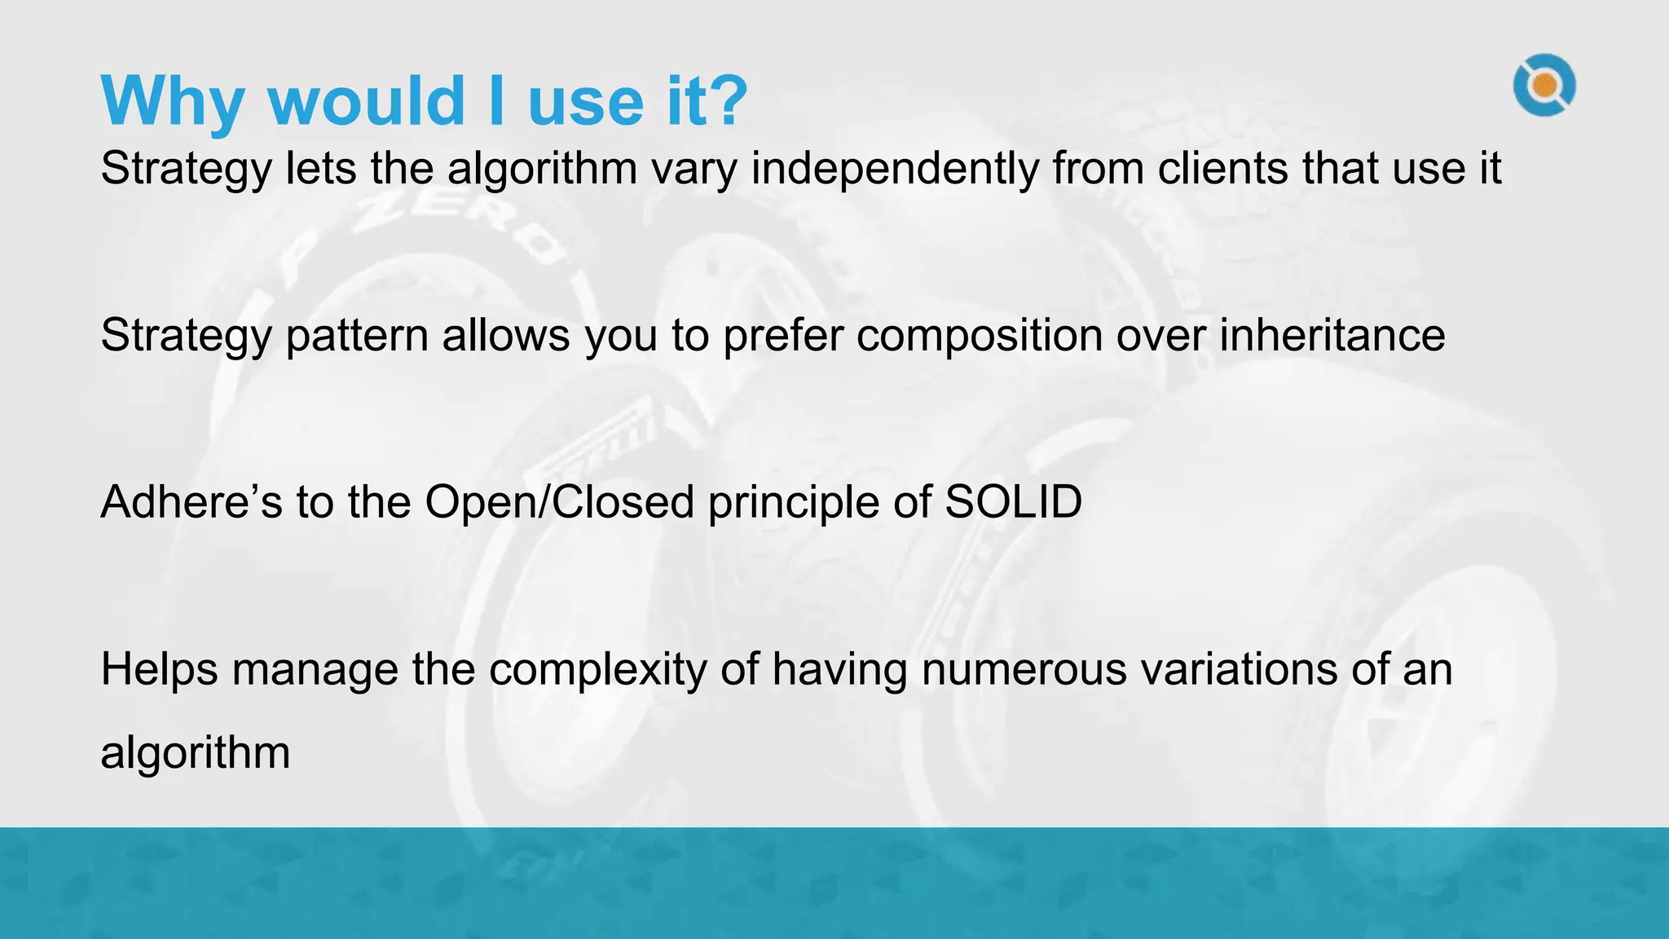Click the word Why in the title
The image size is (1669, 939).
tap(172, 102)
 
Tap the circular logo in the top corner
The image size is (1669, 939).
tap(1544, 85)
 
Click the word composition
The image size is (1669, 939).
tap(979, 335)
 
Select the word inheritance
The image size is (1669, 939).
tap(1332, 335)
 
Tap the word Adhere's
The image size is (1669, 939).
tap(192, 501)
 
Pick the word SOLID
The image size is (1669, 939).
tap(1013, 501)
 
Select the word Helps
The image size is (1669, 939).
tap(160, 669)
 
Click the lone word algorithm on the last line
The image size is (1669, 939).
tap(196, 752)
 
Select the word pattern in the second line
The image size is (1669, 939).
tap(357, 335)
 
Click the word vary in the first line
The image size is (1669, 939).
tap(694, 170)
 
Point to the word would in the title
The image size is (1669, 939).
tap(366, 102)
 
